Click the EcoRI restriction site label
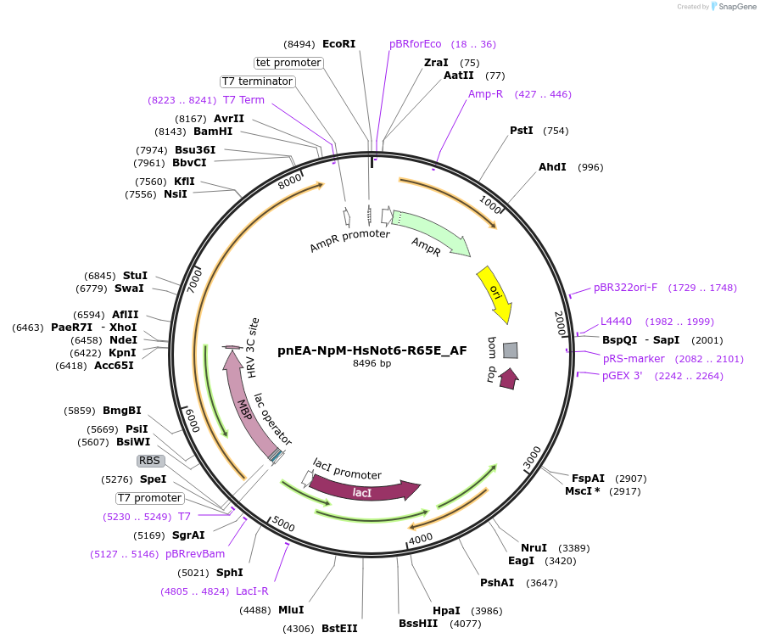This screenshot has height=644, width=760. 338,43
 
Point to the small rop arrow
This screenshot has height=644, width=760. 508,378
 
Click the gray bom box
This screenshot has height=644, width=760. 510,350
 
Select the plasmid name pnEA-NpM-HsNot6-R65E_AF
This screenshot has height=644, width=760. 372,350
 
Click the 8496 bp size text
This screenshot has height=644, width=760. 372,363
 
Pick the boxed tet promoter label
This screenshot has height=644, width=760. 288,63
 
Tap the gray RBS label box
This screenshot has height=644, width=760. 150,460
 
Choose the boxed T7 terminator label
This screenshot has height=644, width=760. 257,81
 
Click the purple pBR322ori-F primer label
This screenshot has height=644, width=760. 625,288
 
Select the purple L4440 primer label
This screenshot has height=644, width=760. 616,322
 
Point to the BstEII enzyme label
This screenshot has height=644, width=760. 339,629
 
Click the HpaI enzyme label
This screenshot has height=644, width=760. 446,610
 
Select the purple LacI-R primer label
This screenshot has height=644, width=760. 252,591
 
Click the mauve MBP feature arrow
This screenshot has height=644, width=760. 244,399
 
